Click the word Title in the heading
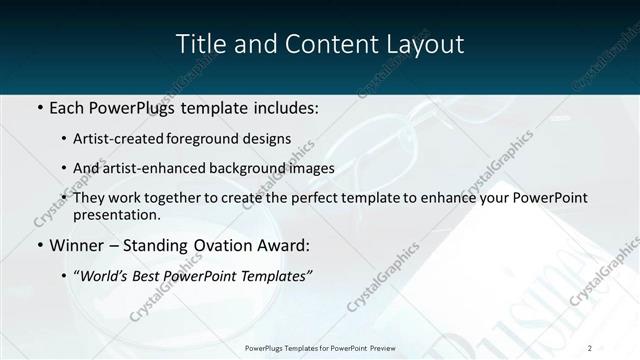(198, 44)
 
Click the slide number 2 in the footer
(590, 347)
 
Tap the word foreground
(204, 139)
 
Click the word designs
(266, 139)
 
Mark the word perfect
(311, 198)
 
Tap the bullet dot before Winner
(40, 245)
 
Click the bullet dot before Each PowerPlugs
(40, 107)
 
